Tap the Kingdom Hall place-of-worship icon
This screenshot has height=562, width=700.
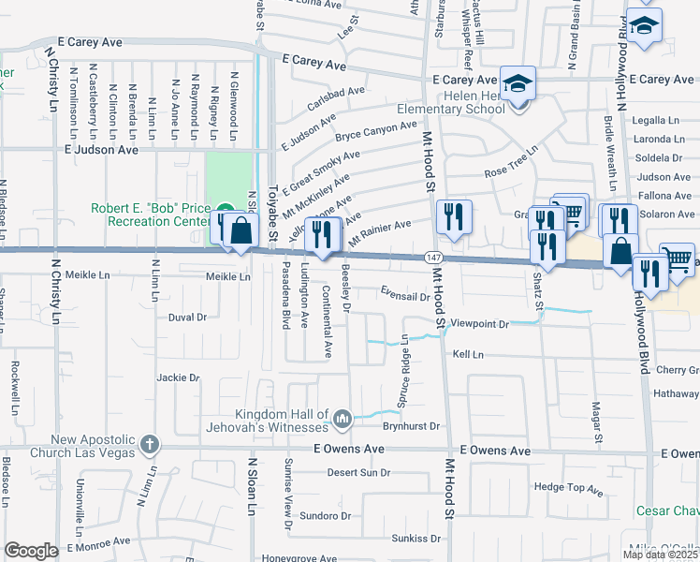coord(343,417)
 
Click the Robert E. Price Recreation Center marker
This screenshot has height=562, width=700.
coord(225,210)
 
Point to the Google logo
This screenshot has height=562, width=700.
coord(32,550)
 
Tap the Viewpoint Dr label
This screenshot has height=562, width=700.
coord(478,324)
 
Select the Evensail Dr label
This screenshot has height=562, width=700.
coord(404,295)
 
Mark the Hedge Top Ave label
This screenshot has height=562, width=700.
coord(568,488)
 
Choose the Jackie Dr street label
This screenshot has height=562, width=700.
coord(179,378)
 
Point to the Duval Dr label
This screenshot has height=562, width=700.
coord(187,318)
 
